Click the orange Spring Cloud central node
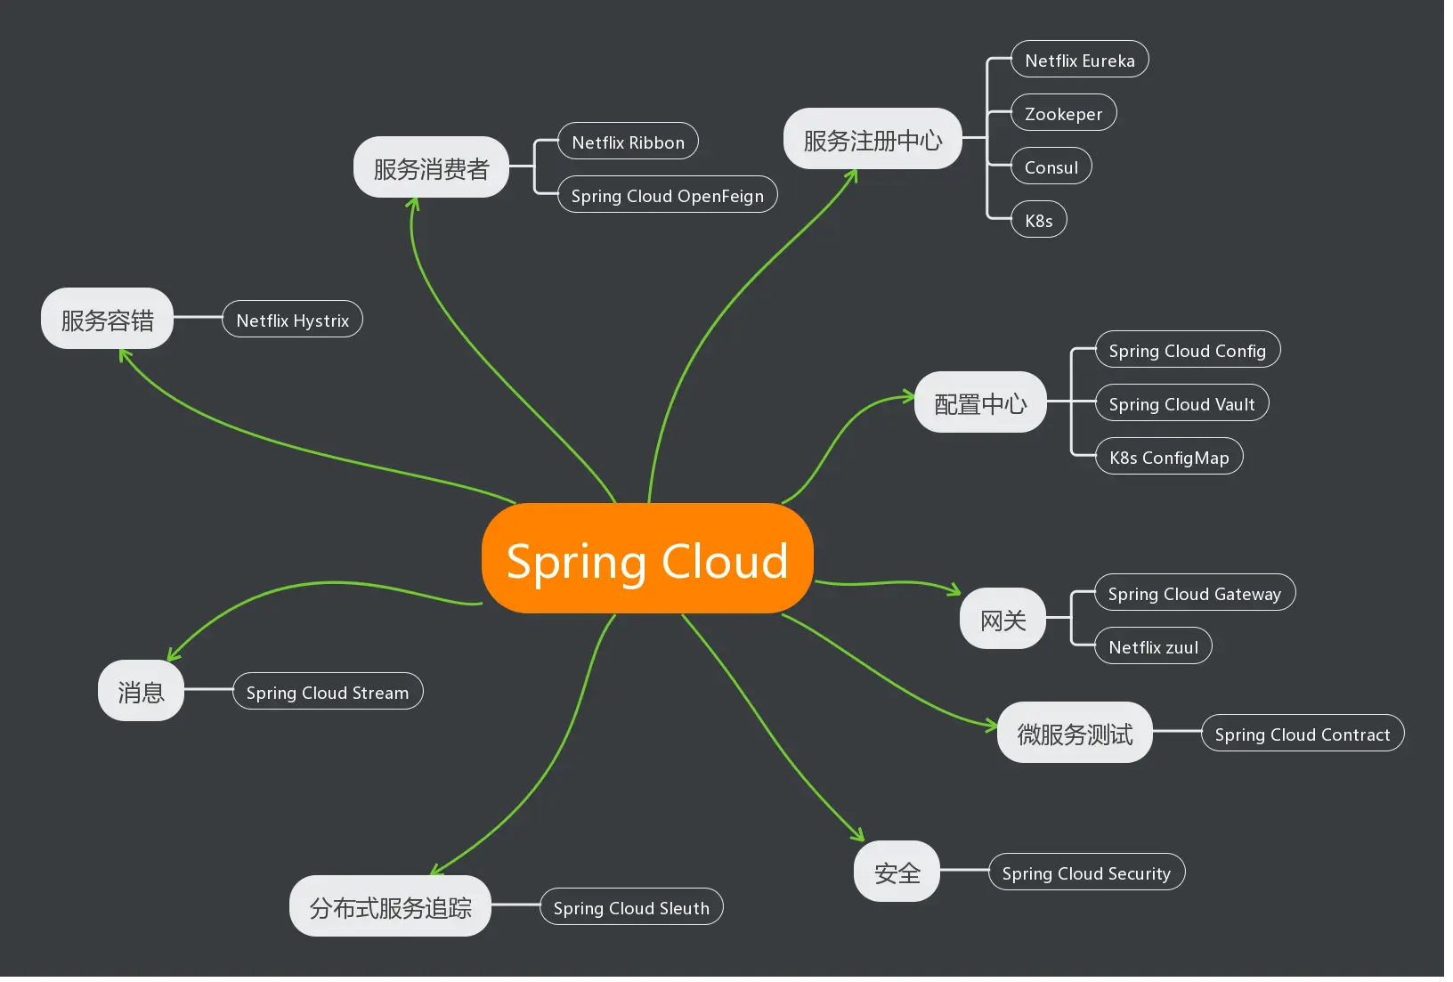point(647,559)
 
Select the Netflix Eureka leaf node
point(1079,60)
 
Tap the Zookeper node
point(1063,113)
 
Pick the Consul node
point(1051,166)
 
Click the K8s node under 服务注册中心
point(1038,220)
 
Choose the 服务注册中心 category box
point(873,139)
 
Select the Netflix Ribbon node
point(628,142)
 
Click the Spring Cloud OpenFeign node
point(667,195)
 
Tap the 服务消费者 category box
point(431,167)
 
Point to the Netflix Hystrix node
point(292,320)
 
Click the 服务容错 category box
point(107,319)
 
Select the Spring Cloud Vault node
point(1181,403)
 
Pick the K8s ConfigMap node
point(1168,457)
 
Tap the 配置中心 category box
point(979,402)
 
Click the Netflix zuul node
point(1153,646)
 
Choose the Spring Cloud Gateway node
point(1194,593)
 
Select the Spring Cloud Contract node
point(1302,734)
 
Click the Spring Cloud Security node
point(1085,872)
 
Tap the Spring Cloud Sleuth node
point(631,907)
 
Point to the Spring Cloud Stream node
point(327,692)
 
